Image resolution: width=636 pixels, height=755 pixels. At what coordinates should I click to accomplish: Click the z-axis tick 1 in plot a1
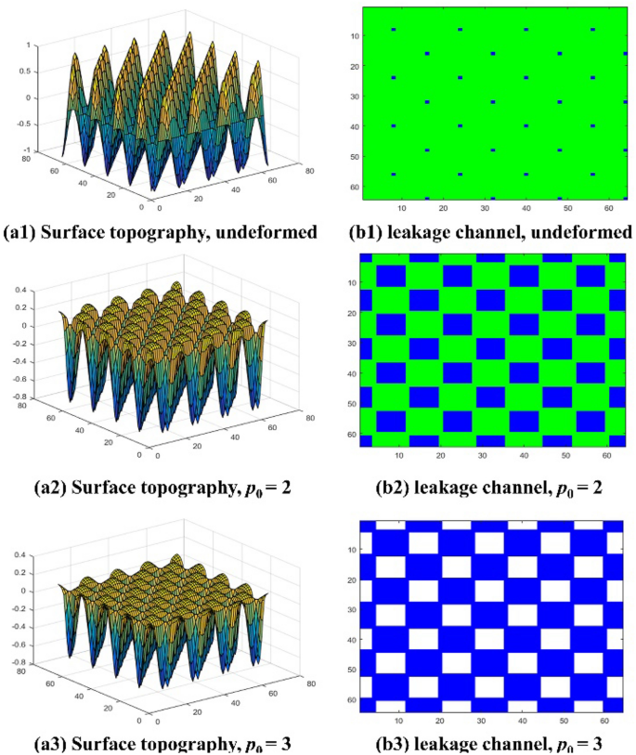tap(30, 45)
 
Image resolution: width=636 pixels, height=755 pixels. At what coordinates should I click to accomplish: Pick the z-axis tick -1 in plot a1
tap(28, 150)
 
